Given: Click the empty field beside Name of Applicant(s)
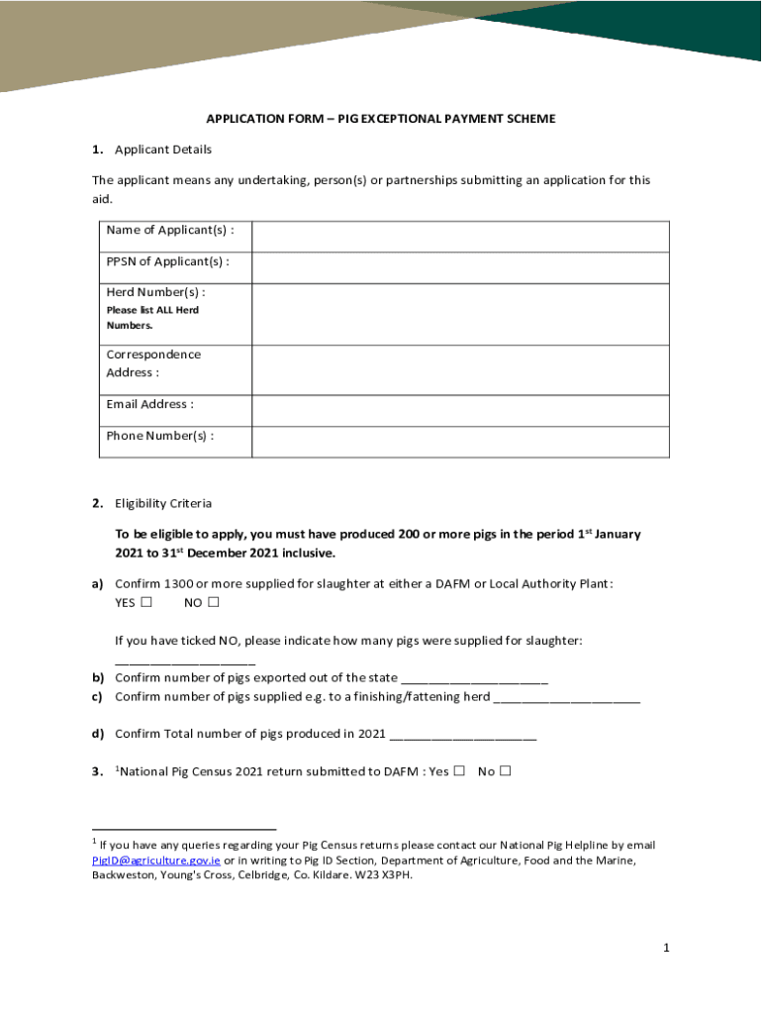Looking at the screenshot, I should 460,237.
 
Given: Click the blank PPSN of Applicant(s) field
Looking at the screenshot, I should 460,267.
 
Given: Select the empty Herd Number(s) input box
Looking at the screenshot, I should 460,314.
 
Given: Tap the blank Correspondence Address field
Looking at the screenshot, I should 460,369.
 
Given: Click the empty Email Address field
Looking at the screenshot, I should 460,411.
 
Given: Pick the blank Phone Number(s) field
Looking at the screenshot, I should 460,442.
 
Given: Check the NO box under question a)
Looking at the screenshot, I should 213,603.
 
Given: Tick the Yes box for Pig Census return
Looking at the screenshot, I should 459,771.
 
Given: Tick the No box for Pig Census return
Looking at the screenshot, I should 506,771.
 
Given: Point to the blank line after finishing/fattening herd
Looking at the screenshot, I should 566,698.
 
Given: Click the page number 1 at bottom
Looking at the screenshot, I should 667,949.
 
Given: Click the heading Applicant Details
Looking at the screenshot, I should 163,150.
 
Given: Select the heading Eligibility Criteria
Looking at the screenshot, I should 163,504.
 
